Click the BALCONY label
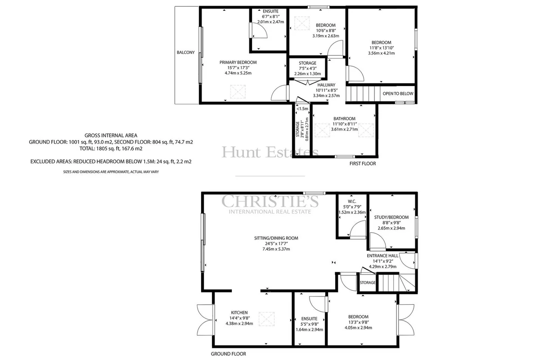pos(185,52)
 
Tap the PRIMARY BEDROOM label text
pos(238,63)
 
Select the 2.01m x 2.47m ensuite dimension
pos(270,22)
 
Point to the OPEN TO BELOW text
pos(398,94)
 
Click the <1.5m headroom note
pos(302,109)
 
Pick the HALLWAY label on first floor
pos(326,85)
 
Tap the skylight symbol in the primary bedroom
pos(238,92)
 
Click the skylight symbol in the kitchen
pos(266,319)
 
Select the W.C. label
pos(352,201)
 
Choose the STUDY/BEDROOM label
pos(391,217)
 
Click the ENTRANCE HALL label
pos(382,256)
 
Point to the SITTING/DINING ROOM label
pos(276,238)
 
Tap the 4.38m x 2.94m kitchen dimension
pos(239,324)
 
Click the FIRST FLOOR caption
pos(363,163)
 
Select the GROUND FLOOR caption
pos(228,354)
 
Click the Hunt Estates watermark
pos(270,152)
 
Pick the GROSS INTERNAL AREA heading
pos(111,135)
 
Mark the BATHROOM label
pos(344,119)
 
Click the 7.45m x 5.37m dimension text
pos(276,249)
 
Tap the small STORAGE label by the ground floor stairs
pos(367,282)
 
